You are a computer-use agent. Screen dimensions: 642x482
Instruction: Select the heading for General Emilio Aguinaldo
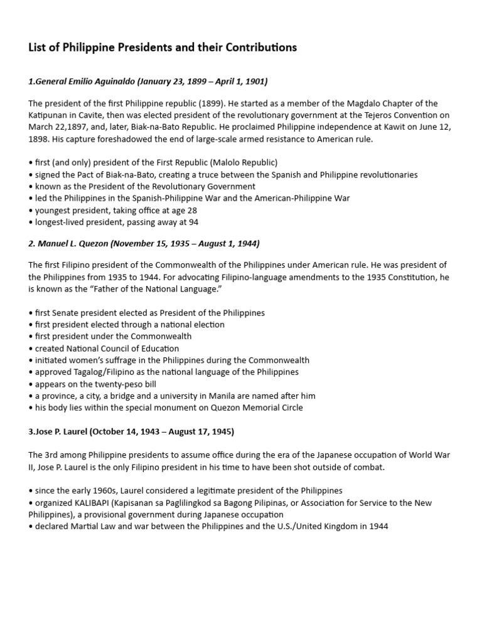(x=148, y=82)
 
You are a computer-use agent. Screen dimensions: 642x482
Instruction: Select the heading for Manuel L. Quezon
(x=144, y=243)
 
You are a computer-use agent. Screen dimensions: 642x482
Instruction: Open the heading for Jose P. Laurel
(x=132, y=432)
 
